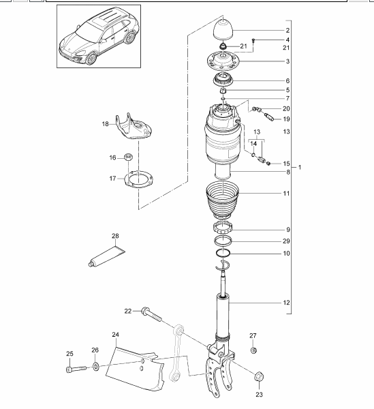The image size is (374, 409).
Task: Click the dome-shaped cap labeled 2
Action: tap(223, 30)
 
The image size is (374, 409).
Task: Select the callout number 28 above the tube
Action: tap(115, 236)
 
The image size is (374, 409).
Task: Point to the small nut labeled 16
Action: tap(128, 157)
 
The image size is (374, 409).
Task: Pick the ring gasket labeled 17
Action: tap(138, 179)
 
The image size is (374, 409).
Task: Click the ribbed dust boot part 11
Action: tap(222, 200)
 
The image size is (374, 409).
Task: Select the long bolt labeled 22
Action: tap(151, 314)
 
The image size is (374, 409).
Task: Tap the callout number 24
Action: tap(115, 334)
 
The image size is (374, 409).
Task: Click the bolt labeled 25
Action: tap(76, 369)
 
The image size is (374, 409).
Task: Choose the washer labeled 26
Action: tap(96, 367)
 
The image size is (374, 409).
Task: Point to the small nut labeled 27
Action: tap(253, 350)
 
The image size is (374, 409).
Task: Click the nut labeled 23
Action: tap(259, 376)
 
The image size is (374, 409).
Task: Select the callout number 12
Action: tap(286, 303)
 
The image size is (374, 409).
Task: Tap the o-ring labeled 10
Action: tap(223, 252)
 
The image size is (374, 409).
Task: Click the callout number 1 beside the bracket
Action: tap(300, 167)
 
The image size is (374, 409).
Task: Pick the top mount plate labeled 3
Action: tap(223, 61)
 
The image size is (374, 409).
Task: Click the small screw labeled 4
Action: tap(253, 41)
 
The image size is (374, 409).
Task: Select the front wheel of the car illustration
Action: tap(91, 59)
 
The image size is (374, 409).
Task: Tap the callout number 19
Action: tap(286, 119)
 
